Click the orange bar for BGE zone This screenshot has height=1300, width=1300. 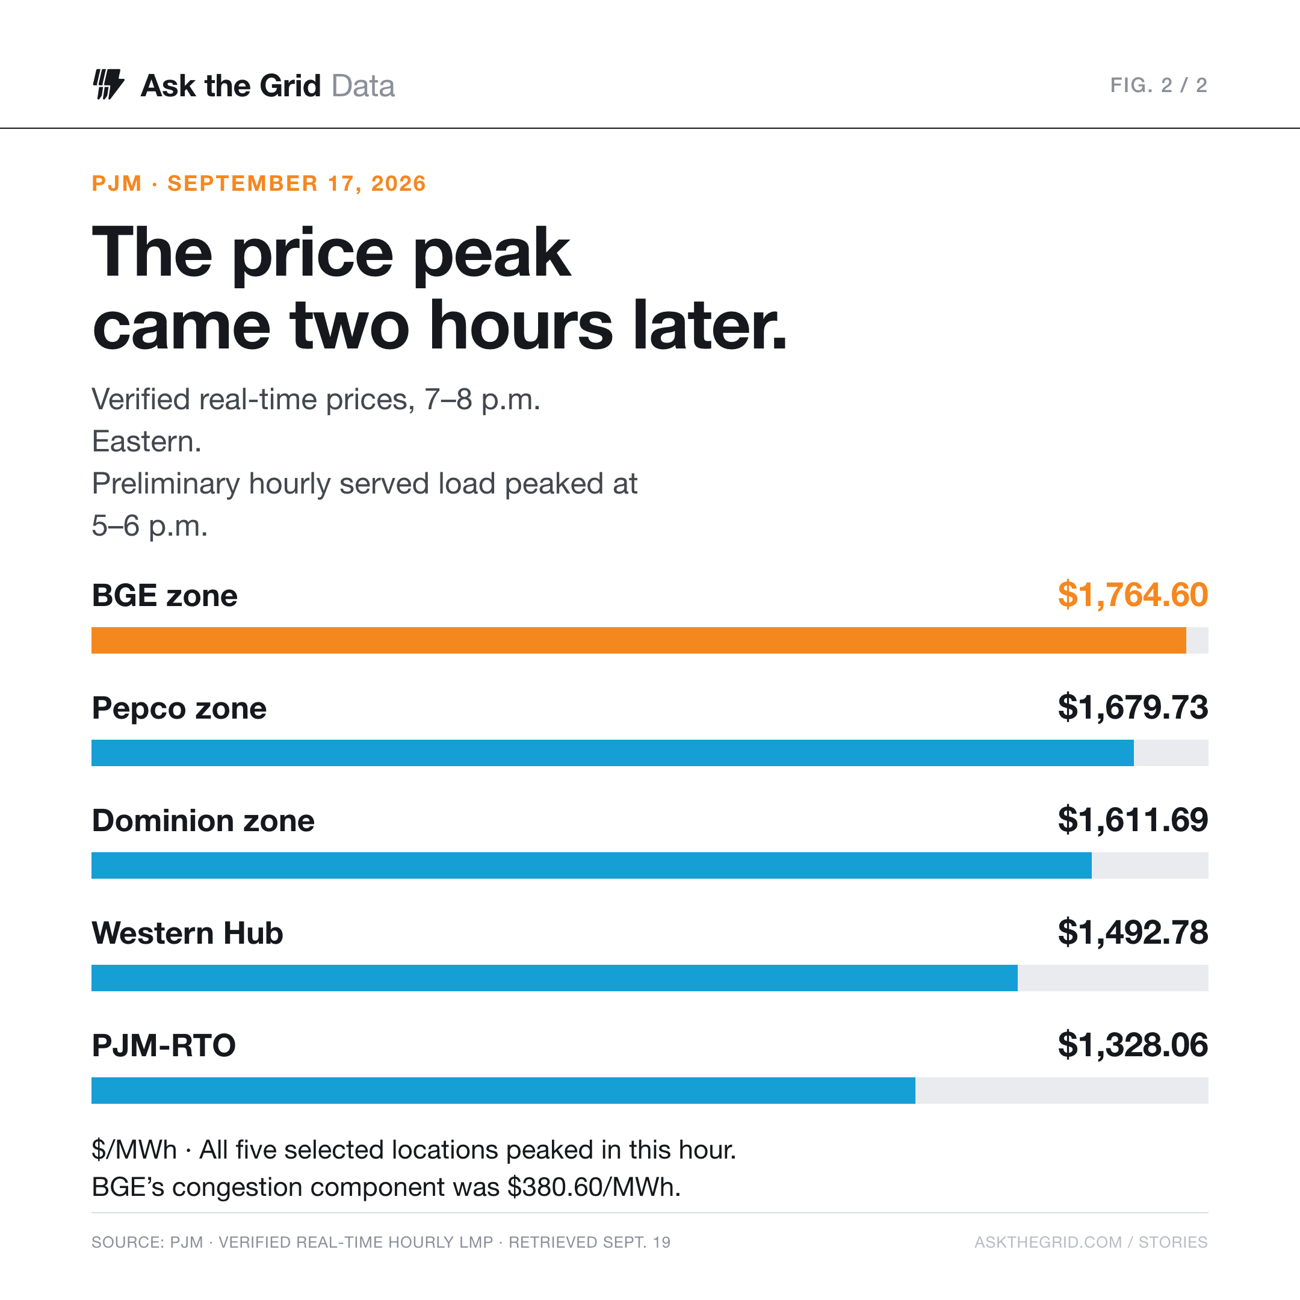tap(639, 640)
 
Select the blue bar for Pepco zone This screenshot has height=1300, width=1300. tap(612, 752)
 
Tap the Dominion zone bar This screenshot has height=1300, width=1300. tap(592, 865)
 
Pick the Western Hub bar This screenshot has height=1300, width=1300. tap(554, 977)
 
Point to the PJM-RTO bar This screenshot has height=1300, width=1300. tap(503, 1089)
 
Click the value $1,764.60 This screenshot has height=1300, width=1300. tap(1133, 595)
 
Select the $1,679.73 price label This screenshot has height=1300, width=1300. tap(1133, 707)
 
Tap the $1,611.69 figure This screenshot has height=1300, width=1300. tap(1133, 820)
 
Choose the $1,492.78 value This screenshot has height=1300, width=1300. tap(1133, 932)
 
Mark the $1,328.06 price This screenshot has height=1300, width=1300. tap(1133, 1044)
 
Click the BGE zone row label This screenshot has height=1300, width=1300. tap(165, 595)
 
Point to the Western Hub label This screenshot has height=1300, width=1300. tap(188, 933)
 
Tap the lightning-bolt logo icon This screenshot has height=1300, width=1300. tap(108, 84)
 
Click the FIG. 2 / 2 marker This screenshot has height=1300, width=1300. tap(1159, 85)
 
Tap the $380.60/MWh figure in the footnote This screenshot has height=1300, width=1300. tap(594, 1187)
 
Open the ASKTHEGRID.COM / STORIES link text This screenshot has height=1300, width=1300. tap(1091, 1242)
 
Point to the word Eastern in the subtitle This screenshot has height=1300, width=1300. tap(147, 441)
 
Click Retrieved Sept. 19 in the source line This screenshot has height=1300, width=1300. tap(589, 1242)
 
